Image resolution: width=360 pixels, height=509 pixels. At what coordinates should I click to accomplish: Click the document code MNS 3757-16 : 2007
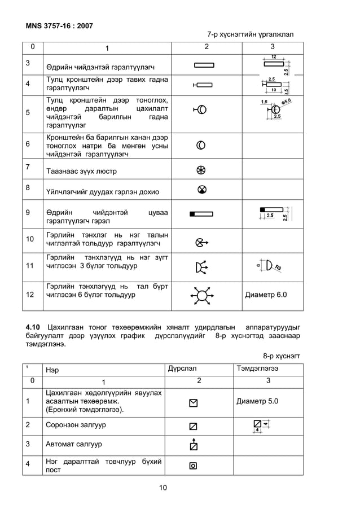[x=59, y=25]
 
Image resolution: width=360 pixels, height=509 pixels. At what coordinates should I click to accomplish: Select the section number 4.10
[x=33, y=327]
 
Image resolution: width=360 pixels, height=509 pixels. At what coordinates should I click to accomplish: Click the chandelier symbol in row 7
[x=201, y=170]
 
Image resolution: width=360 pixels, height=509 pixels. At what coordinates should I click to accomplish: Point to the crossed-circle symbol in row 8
[x=201, y=190]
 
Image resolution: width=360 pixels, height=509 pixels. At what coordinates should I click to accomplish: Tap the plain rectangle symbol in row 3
[x=203, y=65]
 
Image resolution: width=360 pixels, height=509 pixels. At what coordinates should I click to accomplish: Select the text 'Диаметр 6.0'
[x=266, y=295]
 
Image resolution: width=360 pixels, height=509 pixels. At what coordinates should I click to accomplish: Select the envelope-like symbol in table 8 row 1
[x=194, y=403]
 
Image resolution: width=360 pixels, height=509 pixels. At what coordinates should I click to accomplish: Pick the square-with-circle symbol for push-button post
[x=193, y=466]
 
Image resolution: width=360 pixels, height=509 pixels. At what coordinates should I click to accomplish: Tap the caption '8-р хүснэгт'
[x=282, y=356]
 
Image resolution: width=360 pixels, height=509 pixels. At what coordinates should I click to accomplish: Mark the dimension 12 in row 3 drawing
[x=273, y=57]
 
